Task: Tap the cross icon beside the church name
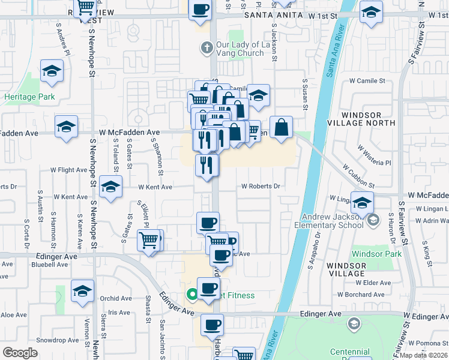click(x=206, y=47)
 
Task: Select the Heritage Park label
click(x=29, y=96)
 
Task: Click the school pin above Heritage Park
click(x=52, y=72)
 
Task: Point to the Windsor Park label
click(x=377, y=254)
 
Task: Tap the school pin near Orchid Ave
click(x=83, y=292)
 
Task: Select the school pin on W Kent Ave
click(x=110, y=187)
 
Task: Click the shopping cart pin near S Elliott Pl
click(x=149, y=241)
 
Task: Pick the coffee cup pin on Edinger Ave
click(x=212, y=326)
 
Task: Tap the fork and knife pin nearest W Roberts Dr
click(x=207, y=165)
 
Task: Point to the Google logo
click(x=20, y=353)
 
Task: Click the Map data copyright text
click(x=425, y=355)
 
